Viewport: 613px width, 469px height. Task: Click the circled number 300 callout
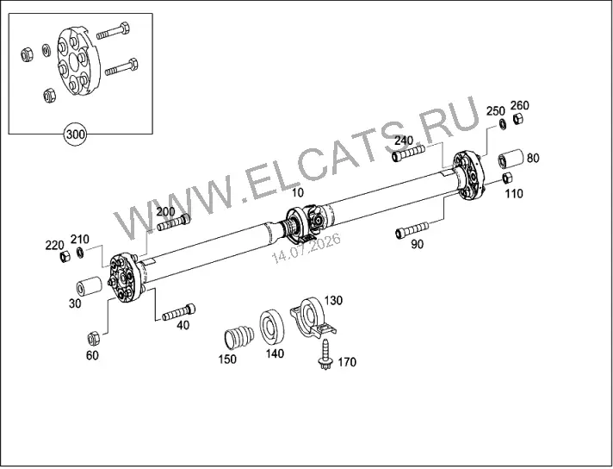pos(75,134)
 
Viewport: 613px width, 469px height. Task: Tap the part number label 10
pos(298,192)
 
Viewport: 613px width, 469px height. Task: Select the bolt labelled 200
pos(174,222)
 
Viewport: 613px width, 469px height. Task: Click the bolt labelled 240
pos(409,153)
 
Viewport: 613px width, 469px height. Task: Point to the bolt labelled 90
pos(412,230)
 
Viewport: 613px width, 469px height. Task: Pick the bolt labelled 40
pos(179,312)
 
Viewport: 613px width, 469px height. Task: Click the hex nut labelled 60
pos(94,338)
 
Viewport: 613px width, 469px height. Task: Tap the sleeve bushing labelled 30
pos(90,287)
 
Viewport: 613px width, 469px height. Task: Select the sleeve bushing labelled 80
pos(511,159)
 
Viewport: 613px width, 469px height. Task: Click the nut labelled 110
pos(507,178)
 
